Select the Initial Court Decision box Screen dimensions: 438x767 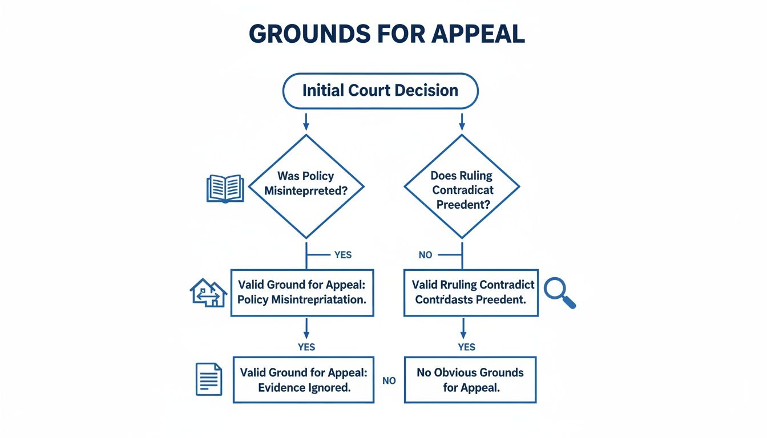tap(380, 91)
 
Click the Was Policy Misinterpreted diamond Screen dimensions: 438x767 tap(306, 186)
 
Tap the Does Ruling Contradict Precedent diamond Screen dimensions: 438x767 tap(462, 186)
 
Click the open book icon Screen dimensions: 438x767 tap(225, 189)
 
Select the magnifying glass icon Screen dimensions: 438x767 tap(559, 293)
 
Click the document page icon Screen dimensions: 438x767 tap(208, 379)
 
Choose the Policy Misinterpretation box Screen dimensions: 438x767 tap(302, 293)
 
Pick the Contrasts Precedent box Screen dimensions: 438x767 tap(471, 293)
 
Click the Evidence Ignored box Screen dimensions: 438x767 tap(303, 380)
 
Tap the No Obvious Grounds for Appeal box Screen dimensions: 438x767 tap(470, 380)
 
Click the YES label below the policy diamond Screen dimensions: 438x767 tap(342, 255)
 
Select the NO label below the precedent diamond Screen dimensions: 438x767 tap(425, 255)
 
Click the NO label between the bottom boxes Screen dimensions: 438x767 tap(389, 380)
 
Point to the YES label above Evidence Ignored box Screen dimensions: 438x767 tap(306, 347)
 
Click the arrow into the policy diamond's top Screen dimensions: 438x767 tap(306, 121)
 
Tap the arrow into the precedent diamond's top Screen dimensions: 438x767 tap(462, 121)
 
